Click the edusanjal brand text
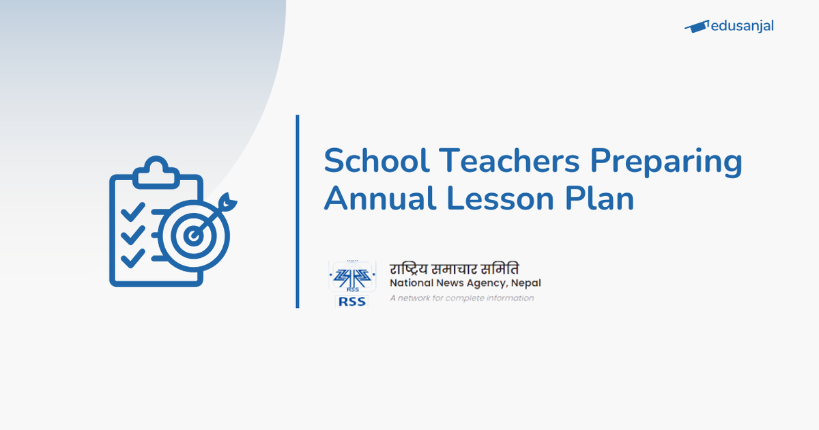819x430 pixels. pos(742,26)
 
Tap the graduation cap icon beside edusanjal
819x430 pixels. pos(697,27)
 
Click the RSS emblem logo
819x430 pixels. pos(351,276)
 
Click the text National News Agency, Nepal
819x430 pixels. pos(465,283)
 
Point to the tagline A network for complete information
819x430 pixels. pos(461,298)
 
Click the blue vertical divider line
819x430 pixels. pos(298,212)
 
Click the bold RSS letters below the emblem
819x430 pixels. pos(351,301)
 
